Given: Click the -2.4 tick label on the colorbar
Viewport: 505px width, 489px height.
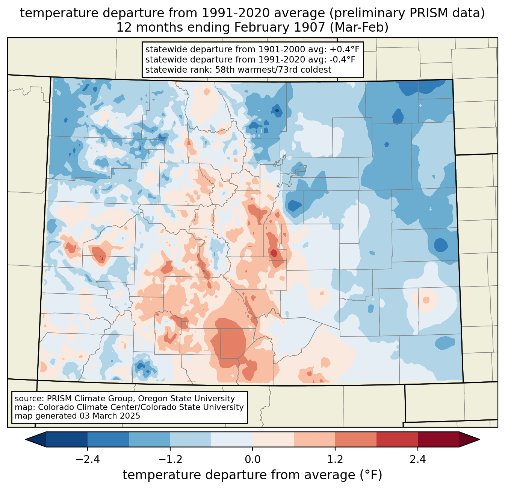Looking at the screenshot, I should click(x=87, y=460).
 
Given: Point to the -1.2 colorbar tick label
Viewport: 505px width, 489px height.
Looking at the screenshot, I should click(x=170, y=460).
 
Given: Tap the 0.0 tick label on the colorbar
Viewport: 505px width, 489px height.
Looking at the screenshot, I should click(x=252, y=460).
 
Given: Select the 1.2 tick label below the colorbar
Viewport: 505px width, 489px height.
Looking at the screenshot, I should click(x=335, y=460).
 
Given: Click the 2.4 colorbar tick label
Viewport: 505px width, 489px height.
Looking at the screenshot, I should click(x=418, y=460).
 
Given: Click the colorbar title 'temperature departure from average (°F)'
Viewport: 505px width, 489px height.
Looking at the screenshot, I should click(x=252, y=475).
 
